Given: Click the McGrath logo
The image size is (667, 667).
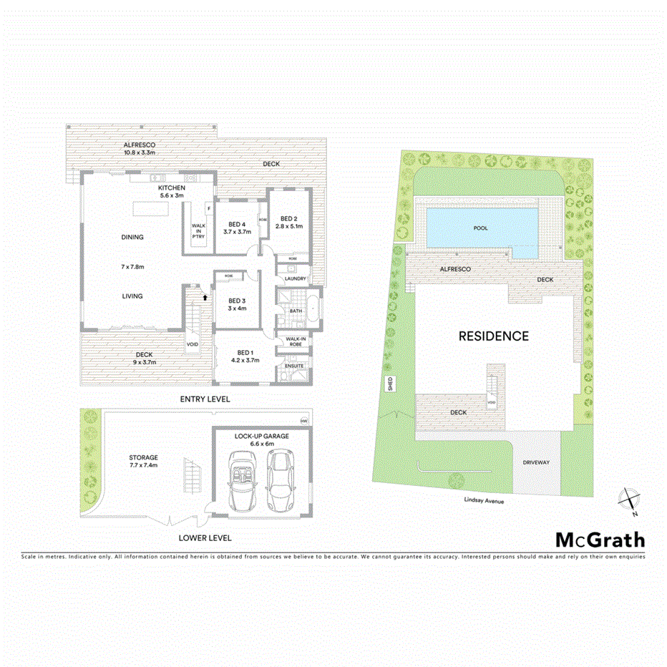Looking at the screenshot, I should click(x=600, y=540).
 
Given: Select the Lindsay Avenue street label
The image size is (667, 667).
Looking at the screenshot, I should click(x=483, y=502).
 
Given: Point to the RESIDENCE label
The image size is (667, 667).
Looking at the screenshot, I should click(x=493, y=336).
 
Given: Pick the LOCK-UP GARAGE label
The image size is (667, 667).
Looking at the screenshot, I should click(x=261, y=435).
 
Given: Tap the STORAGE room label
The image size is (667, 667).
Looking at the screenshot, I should click(x=143, y=457).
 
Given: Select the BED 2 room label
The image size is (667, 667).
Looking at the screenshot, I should click(x=288, y=219).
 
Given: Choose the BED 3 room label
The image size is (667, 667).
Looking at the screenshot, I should click(x=237, y=301).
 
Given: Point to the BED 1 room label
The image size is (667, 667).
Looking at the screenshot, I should click(x=245, y=352).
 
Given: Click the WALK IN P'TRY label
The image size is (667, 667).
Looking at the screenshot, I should click(x=198, y=230).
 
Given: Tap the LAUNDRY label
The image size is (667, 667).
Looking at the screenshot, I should click(x=295, y=278).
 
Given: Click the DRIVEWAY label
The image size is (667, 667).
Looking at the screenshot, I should click(x=536, y=462).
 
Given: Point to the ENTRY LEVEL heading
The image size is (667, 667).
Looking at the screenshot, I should click(x=205, y=399).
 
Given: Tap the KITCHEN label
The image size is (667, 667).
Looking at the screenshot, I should click(x=172, y=188).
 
